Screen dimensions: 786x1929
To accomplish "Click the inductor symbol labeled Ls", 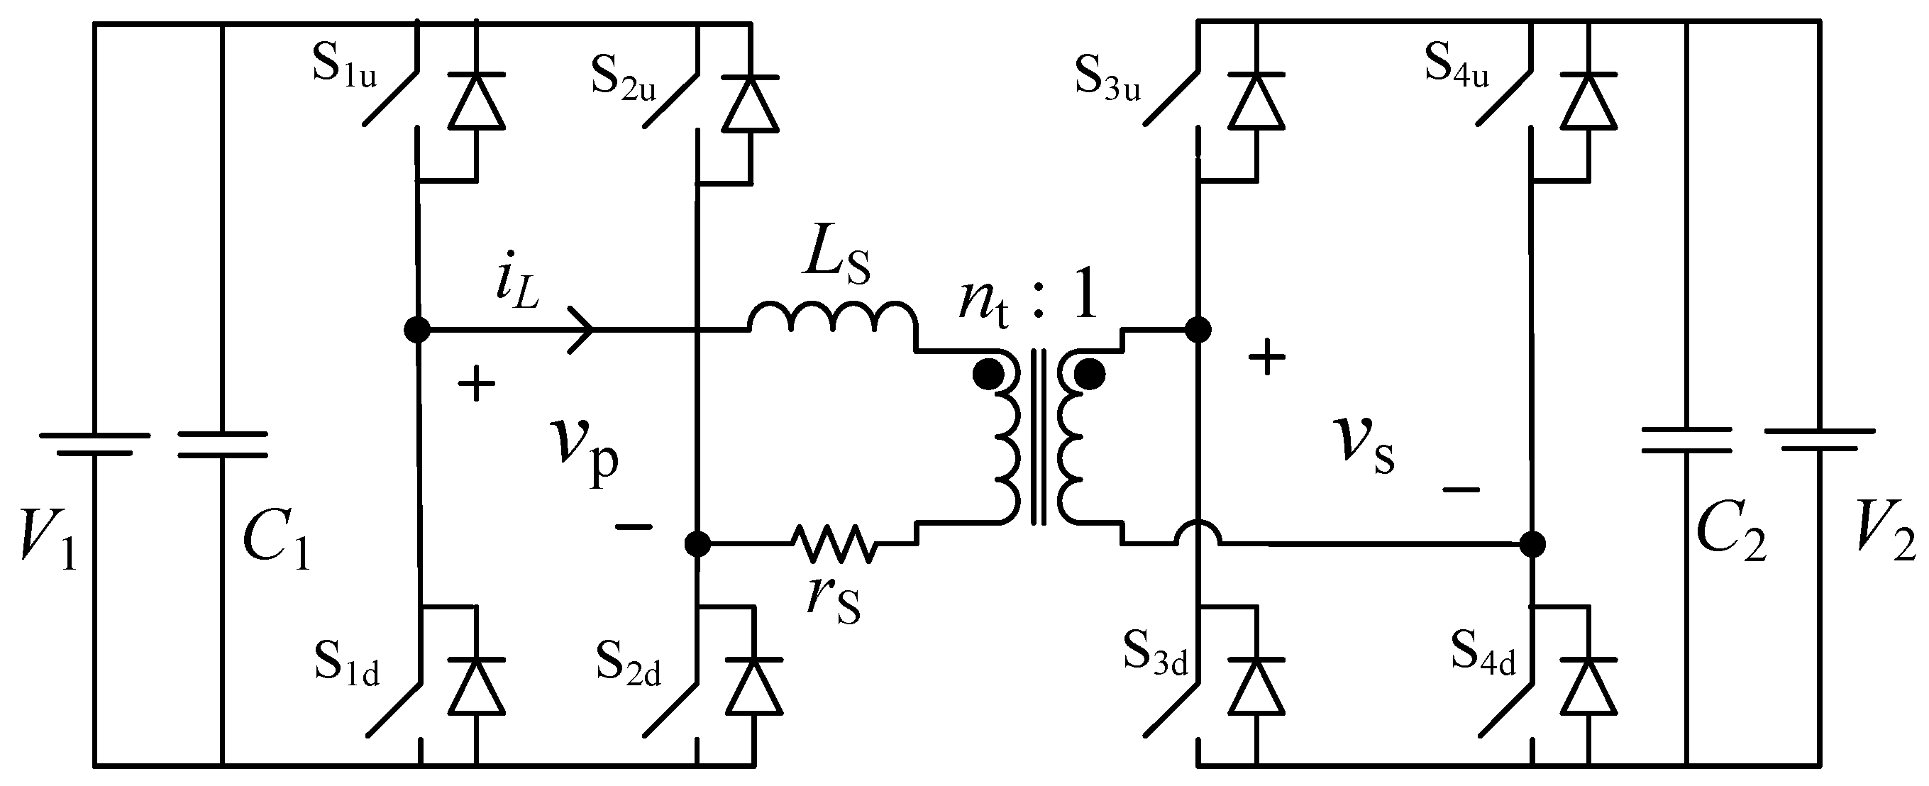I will [831, 318].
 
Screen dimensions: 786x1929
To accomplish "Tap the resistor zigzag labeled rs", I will [833, 544].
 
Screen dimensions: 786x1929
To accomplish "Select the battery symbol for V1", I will [94, 443].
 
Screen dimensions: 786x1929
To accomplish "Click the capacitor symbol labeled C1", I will [222, 443].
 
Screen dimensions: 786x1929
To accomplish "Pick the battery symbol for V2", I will [1820, 439].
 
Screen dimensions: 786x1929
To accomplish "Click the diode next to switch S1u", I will [476, 101].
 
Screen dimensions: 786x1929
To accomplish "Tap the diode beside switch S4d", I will [1588, 687].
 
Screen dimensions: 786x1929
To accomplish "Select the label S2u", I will [623, 77].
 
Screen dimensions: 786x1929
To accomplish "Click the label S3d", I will [1156, 653].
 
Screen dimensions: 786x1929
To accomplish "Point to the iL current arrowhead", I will [582, 328].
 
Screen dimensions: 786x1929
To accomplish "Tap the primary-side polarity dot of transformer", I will [988, 374].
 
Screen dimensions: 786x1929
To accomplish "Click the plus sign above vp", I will [476, 385].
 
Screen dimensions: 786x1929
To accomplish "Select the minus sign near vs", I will [1461, 489].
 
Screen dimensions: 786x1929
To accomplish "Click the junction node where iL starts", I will [417, 328].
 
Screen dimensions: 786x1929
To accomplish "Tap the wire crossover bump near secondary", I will [1198, 534].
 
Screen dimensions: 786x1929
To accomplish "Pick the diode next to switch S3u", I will [1256, 101].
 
